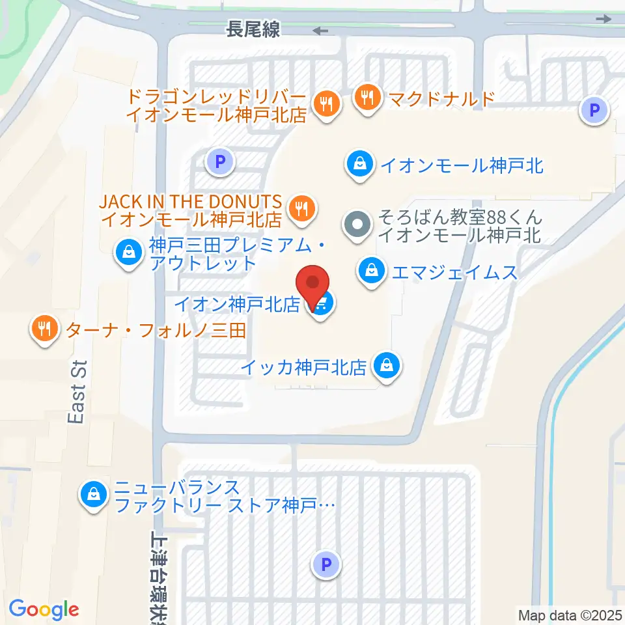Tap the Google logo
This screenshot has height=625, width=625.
coord(44,609)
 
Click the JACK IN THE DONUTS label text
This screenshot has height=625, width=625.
coord(191,201)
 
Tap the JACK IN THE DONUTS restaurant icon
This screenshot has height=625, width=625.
coord(301,209)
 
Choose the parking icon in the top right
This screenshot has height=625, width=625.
coord(594,111)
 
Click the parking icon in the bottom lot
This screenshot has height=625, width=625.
coord(327,564)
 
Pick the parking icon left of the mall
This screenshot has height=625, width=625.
coord(219,160)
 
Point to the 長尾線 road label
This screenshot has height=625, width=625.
coord(253,29)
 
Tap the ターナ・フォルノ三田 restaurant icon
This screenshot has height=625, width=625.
coord(44,329)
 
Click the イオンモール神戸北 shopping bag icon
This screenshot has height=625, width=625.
coord(360,163)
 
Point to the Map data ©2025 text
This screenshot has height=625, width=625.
coord(570,615)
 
